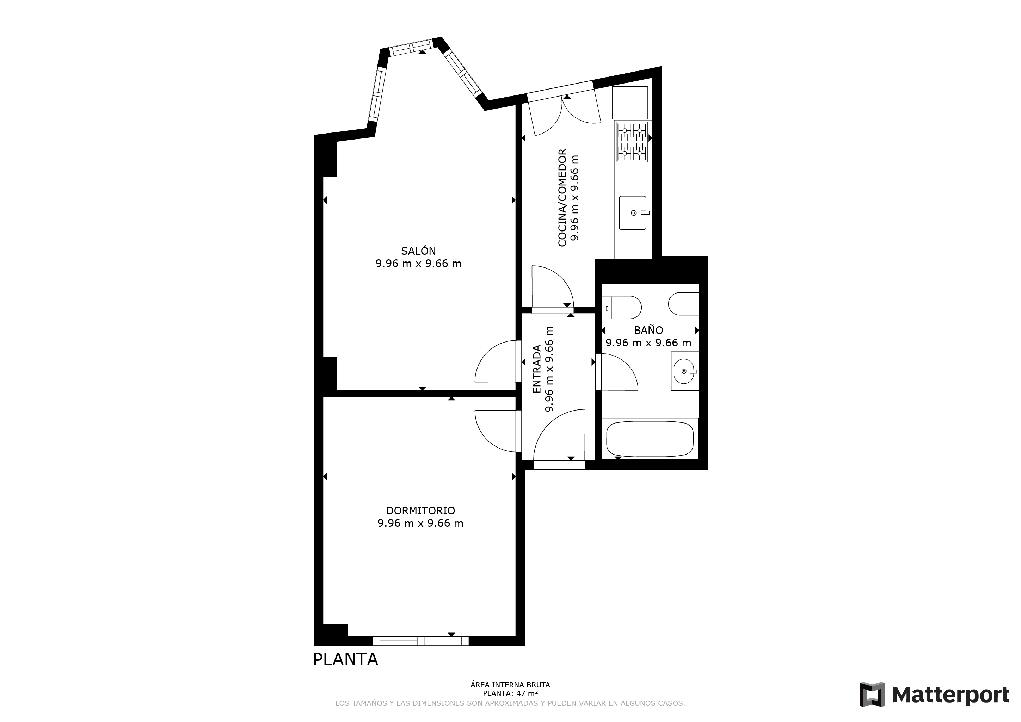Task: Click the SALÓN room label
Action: pos(418,251)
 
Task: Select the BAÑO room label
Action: pos(648,330)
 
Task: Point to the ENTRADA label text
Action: pos(537,369)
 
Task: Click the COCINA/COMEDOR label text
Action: pos(562,198)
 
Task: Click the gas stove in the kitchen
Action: pos(632,141)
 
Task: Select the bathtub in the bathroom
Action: pos(650,439)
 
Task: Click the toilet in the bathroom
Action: pos(621,307)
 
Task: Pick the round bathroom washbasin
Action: pos(684,371)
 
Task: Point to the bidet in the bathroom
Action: pos(683,304)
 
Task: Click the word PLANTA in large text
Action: pos(345,660)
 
